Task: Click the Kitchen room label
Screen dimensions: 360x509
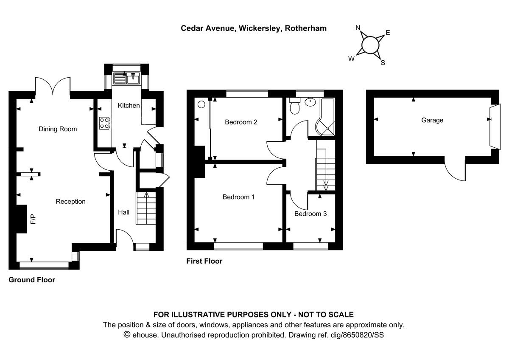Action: pyautogui.click(x=129, y=105)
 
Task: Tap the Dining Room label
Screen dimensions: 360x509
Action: pyautogui.click(x=58, y=129)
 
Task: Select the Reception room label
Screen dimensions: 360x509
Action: pyautogui.click(x=70, y=202)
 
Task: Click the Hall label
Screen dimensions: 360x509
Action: pyautogui.click(x=124, y=212)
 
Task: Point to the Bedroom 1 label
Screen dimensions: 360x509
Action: pyautogui.click(x=239, y=197)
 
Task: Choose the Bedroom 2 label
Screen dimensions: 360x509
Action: pyautogui.click(x=241, y=122)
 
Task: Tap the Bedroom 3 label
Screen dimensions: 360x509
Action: pyautogui.click(x=310, y=214)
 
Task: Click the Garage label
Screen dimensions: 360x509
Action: pyautogui.click(x=432, y=120)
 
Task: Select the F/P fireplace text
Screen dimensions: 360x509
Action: pyautogui.click(x=33, y=219)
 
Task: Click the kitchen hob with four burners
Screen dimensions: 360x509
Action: pyautogui.click(x=104, y=123)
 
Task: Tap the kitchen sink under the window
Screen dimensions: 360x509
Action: pyautogui.click(x=127, y=78)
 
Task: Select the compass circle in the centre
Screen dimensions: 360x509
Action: pyautogui.click(x=370, y=45)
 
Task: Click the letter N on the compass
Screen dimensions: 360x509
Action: pyautogui.click(x=358, y=28)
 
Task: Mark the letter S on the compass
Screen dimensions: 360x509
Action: pyautogui.click(x=383, y=63)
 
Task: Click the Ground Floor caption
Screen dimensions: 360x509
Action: pyautogui.click(x=32, y=280)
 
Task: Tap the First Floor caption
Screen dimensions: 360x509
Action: pyautogui.click(x=204, y=262)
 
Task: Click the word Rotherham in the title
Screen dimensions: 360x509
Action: pyautogui.click(x=305, y=28)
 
